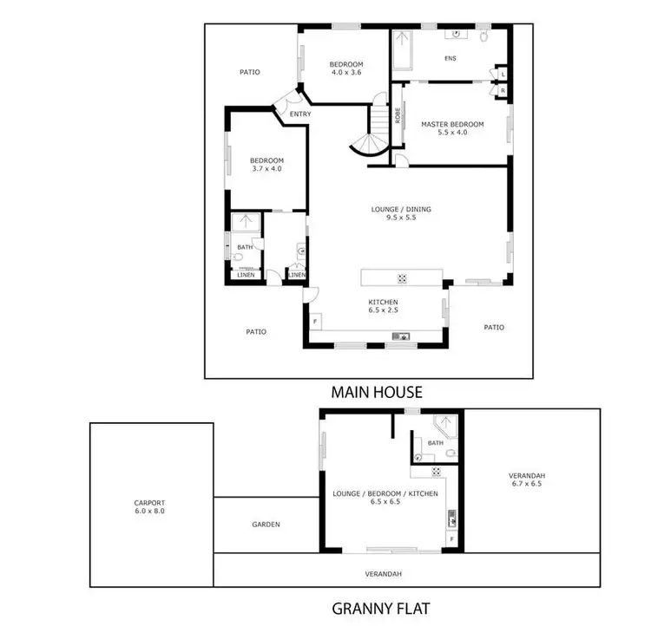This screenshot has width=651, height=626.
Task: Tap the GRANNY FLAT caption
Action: pos(380,608)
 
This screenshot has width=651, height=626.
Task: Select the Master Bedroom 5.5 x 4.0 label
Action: pos(452,128)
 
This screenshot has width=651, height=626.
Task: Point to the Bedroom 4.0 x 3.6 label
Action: pos(346,68)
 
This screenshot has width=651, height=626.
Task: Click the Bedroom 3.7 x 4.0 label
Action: pos(266,164)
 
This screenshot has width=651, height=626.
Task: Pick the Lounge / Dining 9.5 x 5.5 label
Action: pos(401,213)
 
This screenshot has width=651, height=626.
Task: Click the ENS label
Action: pos(450,59)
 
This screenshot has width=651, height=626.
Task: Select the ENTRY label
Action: pos(300,114)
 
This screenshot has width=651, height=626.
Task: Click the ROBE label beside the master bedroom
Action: pos(398,115)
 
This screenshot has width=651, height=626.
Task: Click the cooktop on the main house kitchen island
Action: pos(403,278)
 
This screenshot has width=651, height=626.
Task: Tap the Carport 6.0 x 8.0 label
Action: pos(149,507)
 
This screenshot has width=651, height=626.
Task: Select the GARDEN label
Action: pos(266,525)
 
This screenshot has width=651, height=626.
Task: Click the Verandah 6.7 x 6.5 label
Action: pos(529,479)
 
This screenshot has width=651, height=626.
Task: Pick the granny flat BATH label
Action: pos(435,443)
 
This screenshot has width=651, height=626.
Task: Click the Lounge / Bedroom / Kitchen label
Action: pos(385,498)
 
